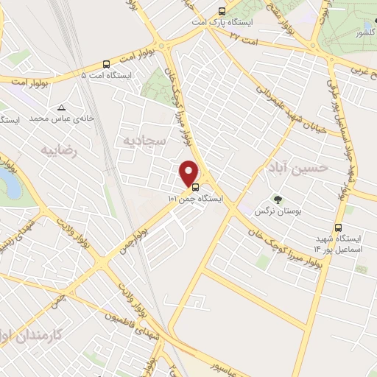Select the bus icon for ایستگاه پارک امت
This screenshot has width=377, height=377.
(222, 11)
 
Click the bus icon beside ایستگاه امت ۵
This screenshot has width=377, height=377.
(107, 64)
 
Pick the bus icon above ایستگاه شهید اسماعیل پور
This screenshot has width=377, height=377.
(338, 228)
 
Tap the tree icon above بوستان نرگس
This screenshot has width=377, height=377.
(278, 200)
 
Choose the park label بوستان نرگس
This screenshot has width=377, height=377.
(269, 211)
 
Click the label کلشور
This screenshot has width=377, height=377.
(364, 33)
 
